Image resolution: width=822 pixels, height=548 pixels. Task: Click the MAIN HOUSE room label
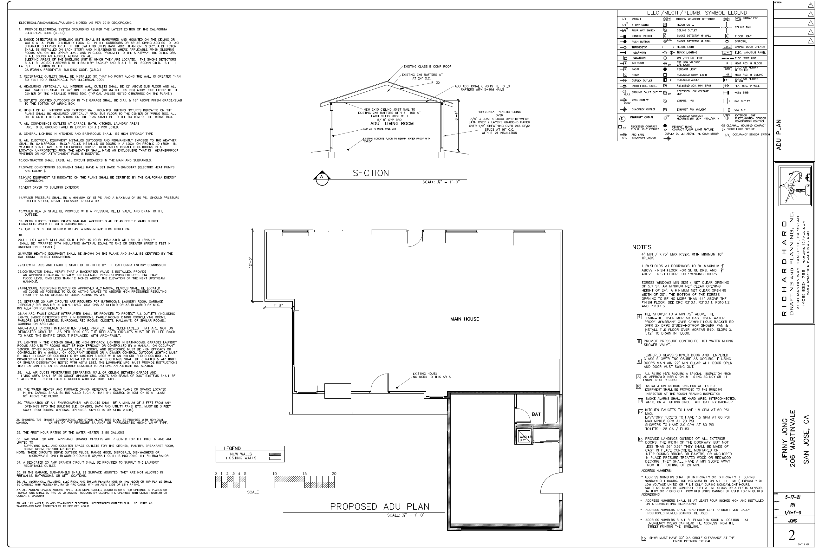[464, 319]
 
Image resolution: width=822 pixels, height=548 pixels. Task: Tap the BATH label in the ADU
[537, 414]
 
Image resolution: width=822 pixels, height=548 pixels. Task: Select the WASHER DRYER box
[524, 438]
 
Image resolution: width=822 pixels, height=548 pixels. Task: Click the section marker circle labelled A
[322, 178]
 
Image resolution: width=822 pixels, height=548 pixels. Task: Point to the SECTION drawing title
[370, 173]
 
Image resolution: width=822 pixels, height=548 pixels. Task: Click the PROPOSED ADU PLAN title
[380, 507]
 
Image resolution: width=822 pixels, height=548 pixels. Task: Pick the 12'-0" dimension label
[251, 263]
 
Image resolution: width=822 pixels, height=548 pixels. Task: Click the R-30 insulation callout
[435, 83]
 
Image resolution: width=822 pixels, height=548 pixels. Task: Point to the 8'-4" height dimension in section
[456, 116]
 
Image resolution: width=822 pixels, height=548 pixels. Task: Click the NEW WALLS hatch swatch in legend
[275, 454]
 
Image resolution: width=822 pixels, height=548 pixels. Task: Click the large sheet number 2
[792, 535]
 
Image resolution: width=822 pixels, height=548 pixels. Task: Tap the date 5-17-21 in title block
[793, 497]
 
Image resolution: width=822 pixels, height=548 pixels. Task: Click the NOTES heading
[641, 247]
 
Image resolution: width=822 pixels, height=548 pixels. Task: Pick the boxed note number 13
[641, 439]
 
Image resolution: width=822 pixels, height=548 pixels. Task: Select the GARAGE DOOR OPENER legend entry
[744, 47]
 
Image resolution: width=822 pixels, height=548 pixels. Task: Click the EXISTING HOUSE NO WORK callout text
[431, 375]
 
